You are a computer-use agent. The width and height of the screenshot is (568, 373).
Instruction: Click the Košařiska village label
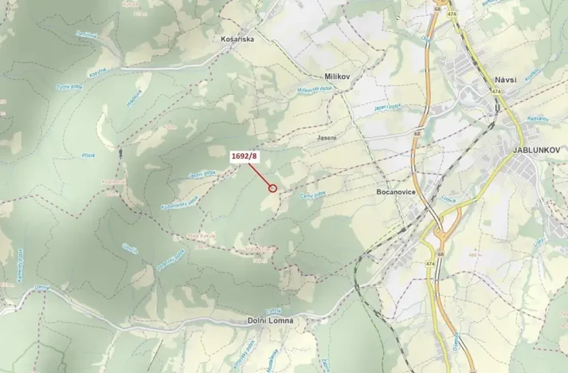tap(238, 37)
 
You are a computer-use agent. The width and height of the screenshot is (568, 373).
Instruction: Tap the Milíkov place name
tap(338, 76)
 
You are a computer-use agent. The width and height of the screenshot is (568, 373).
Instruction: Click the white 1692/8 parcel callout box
tap(244, 156)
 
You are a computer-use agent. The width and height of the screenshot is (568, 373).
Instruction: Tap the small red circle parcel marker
tap(272, 189)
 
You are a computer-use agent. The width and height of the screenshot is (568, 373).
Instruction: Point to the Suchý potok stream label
tap(69, 86)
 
